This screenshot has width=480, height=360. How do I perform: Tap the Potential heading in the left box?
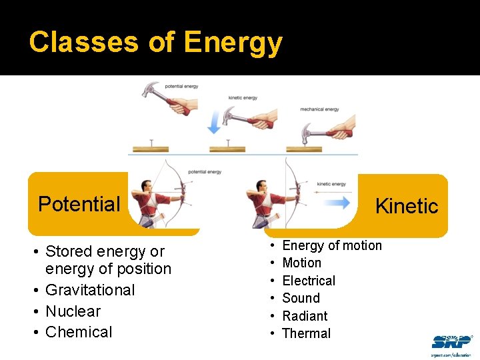click(79, 204)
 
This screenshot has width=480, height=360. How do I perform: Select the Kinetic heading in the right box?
click(407, 206)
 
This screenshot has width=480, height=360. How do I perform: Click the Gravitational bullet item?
click(89, 290)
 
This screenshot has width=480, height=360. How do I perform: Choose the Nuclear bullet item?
click(73, 311)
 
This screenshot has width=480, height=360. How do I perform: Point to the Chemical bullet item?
click(79, 332)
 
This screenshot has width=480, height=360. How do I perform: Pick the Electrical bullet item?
click(309, 281)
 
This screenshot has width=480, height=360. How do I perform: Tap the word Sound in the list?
click(301, 298)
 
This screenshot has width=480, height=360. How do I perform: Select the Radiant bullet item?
click(305, 316)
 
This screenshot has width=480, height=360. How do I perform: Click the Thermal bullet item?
click(306, 333)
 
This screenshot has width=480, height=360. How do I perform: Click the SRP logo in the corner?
click(451, 343)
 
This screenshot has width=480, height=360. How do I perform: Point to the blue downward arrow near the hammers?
click(215, 121)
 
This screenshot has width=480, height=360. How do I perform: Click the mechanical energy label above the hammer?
click(319, 109)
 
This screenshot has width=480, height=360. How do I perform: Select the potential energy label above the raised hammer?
click(181, 86)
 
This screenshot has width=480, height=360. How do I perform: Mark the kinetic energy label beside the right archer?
click(331, 184)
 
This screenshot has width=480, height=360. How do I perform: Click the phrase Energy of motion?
click(332, 245)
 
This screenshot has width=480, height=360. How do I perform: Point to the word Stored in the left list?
click(69, 251)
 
